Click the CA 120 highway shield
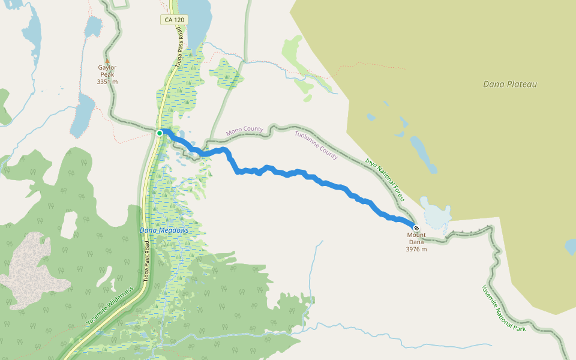click(174, 20)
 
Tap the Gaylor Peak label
click(107, 71)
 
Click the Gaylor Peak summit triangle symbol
click(107, 61)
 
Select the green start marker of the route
click(160, 133)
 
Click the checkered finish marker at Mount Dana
click(416, 228)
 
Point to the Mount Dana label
click(416, 239)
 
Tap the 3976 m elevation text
click(416, 249)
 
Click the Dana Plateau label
click(509, 84)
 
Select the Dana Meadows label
click(164, 230)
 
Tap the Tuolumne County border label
click(316, 145)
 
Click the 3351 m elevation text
click(107, 82)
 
